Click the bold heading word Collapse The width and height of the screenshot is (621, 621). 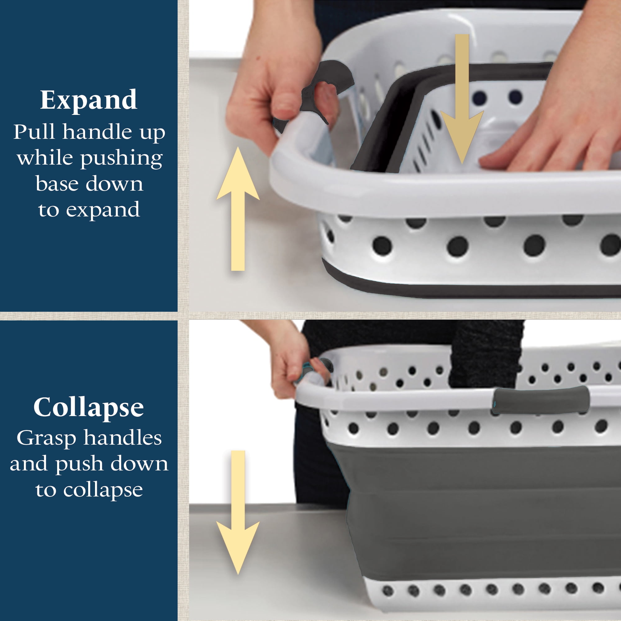pos(89,408)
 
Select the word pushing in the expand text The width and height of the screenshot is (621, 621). pos(122,159)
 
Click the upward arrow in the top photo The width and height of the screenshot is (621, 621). pos(238,209)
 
